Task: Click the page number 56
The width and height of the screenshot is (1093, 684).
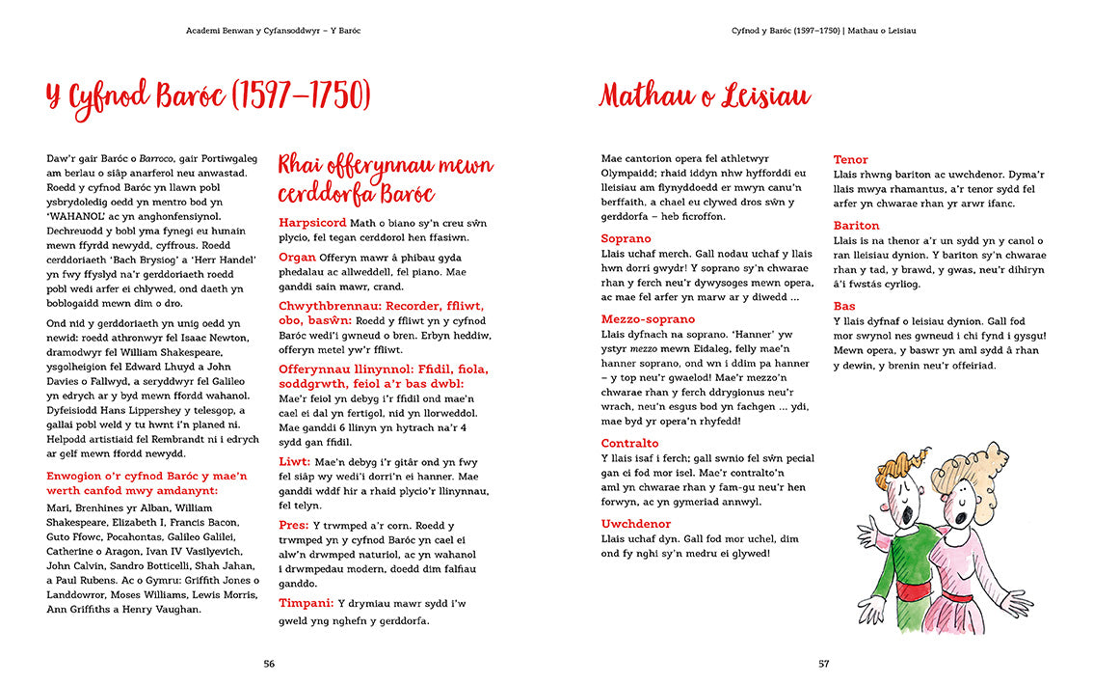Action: pyautogui.click(x=270, y=663)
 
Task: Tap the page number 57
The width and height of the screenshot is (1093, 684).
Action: pyautogui.click(x=823, y=663)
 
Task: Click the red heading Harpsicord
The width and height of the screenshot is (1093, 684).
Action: pyautogui.click(x=312, y=223)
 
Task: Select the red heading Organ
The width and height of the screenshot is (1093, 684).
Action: pyautogui.click(x=297, y=258)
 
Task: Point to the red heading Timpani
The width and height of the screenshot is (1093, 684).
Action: pyautogui.click(x=307, y=603)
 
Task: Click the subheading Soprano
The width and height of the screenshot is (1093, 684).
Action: pyautogui.click(x=626, y=238)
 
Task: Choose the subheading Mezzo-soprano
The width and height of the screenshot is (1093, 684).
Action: pyautogui.click(x=648, y=319)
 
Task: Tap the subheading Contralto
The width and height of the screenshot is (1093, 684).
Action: pyautogui.click(x=629, y=443)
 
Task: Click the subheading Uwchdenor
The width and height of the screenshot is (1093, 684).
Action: pyautogui.click(x=635, y=524)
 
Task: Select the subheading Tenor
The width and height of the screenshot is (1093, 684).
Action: pyautogui.click(x=850, y=159)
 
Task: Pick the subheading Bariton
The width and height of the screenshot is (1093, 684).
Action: pyautogui.click(x=856, y=226)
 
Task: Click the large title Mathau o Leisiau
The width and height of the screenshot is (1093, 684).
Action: pyautogui.click(x=705, y=96)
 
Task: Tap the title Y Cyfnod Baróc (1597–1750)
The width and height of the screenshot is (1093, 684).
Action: pyautogui.click(x=208, y=96)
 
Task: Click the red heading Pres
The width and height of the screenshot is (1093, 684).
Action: pyautogui.click(x=294, y=525)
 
